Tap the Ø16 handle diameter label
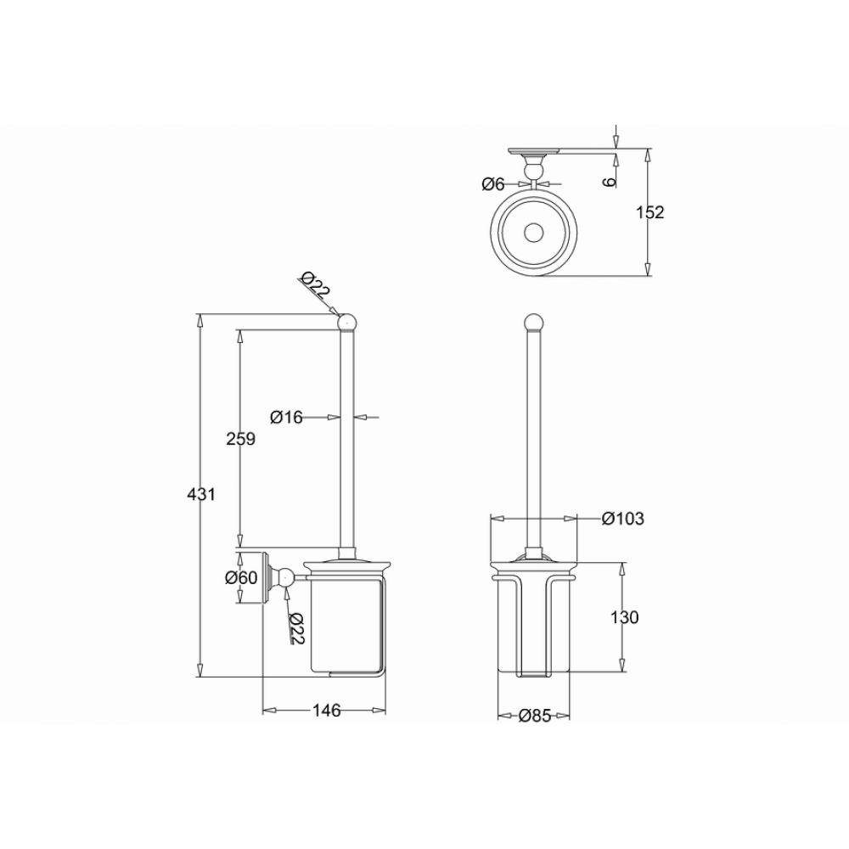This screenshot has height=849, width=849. (x=286, y=417)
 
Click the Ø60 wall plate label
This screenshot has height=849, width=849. (x=241, y=578)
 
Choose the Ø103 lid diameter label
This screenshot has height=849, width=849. (x=622, y=519)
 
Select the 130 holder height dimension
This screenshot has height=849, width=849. (x=624, y=617)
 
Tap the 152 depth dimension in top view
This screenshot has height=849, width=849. (x=649, y=212)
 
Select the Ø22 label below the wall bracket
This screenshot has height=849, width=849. (x=295, y=627)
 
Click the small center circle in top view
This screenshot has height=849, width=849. (x=533, y=231)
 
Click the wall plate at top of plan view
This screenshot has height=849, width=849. (x=533, y=152)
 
